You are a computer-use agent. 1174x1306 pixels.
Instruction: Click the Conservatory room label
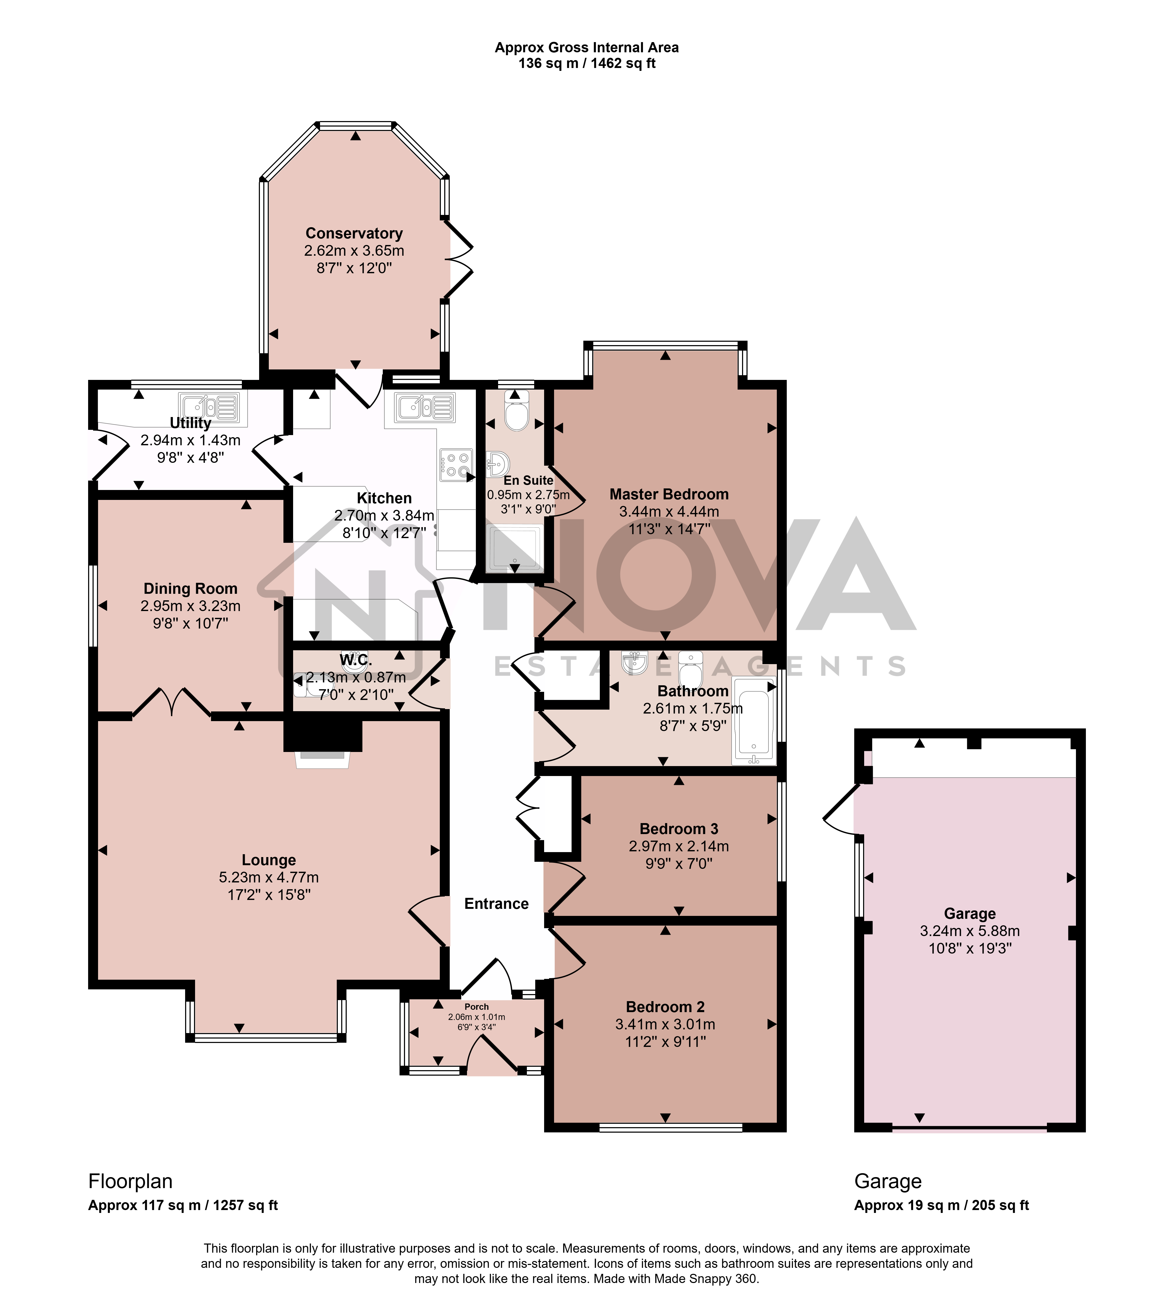354,233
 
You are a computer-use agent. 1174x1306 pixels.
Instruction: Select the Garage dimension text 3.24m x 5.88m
970,931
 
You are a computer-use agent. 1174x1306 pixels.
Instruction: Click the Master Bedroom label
669,494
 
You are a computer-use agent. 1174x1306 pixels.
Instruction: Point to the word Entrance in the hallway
496,904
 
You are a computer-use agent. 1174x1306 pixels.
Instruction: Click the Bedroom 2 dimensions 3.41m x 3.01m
665,1024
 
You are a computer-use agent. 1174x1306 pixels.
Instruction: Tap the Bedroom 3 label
679,829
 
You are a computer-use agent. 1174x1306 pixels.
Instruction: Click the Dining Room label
190,588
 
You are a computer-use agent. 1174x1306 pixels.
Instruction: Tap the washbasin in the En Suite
498,463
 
